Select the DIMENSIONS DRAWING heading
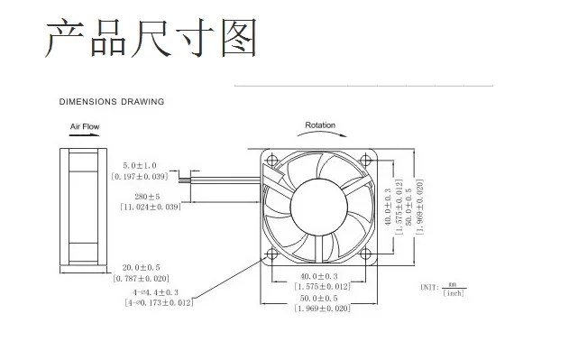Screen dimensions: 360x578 click(x=112, y=102)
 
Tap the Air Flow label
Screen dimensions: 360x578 click(x=85, y=128)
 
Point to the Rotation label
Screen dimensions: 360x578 click(x=320, y=125)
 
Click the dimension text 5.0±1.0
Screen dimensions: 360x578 click(x=139, y=166)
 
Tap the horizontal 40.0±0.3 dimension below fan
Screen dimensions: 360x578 click(x=321, y=276)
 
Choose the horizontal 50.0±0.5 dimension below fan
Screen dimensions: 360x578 click(x=321, y=298)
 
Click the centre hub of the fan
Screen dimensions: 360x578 click(x=317, y=206)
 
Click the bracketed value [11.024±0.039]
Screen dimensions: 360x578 click(x=150, y=208)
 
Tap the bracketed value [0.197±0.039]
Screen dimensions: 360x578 click(x=141, y=178)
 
